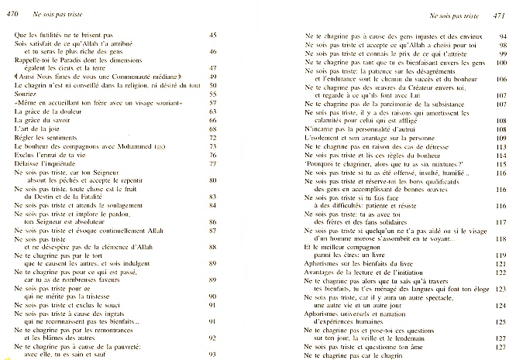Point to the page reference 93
click(214, 355)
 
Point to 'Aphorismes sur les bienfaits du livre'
click(357, 266)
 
